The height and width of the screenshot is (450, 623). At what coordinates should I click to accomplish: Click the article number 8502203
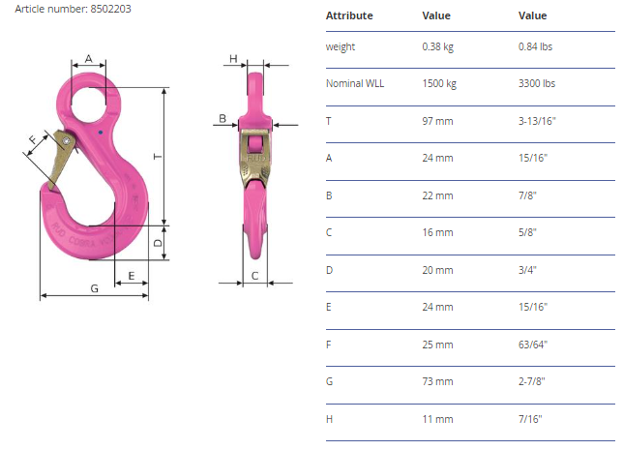click(110, 9)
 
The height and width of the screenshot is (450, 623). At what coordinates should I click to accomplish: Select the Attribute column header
click(349, 15)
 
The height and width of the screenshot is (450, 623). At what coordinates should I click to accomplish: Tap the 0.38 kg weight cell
click(437, 46)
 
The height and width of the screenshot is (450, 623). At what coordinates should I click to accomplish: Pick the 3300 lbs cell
click(536, 83)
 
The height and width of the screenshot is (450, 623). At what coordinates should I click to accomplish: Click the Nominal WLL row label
click(355, 83)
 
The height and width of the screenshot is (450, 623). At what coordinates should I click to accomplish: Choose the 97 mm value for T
click(437, 121)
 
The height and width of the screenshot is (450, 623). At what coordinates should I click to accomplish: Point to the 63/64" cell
click(532, 345)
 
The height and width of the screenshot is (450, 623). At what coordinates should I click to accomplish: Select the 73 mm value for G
click(437, 381)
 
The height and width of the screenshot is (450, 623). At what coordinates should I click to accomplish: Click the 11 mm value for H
click(437, 419)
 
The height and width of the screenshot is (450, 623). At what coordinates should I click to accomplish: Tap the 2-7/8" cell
click(532, 381)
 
